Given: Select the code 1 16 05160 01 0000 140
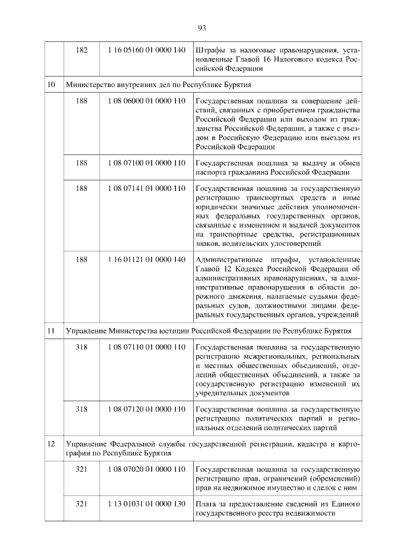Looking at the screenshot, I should point(146,49).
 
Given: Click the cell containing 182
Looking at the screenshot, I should point(81,49).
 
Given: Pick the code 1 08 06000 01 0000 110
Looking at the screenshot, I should point(146,101).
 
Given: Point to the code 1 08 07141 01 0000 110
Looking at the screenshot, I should point(146,188).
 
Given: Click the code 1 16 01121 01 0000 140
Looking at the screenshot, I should point(146,259).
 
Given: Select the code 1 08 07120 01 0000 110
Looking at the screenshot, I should point(146,408).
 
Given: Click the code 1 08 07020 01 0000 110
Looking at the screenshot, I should point(146,469).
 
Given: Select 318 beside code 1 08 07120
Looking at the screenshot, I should point(81,408).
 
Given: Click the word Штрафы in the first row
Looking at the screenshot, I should point(209,49).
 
